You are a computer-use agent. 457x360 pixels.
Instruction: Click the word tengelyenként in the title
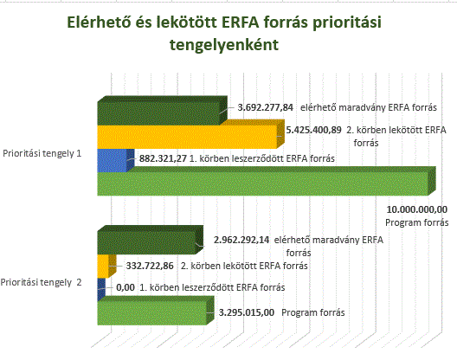point(224,45)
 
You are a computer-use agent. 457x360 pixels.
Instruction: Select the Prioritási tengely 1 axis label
point(42,153)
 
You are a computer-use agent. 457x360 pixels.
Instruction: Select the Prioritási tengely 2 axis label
point(41,282)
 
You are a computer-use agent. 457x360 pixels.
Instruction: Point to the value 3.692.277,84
point(265,107)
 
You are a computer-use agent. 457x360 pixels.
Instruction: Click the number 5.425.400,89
point(313,130)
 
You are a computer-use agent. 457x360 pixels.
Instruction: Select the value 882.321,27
point(163,158)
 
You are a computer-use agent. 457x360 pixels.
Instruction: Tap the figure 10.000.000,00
point(417,209)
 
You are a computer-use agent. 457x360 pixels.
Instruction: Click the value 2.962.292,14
point(241,240)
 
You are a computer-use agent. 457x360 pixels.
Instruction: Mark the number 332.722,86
point(150,266)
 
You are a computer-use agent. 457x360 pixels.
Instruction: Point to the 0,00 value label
point(126,287)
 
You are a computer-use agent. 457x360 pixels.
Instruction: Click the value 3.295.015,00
point(247,312)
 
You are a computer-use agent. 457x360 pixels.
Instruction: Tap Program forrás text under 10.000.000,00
point(417,222)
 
